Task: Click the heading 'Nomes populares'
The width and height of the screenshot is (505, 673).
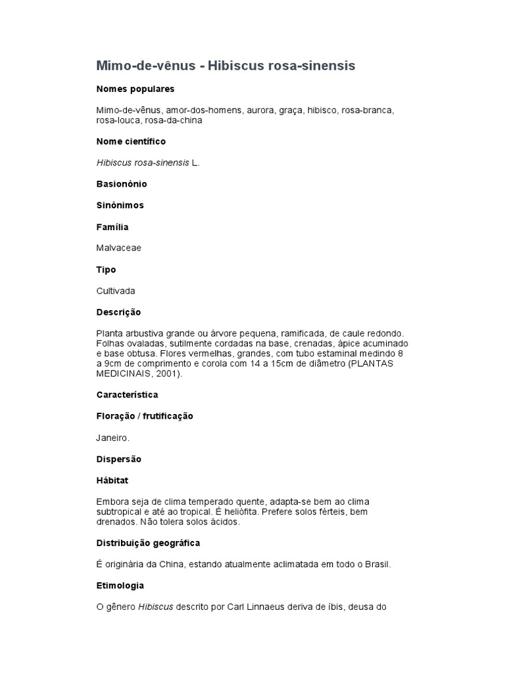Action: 135,89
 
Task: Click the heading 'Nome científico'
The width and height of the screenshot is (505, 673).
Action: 131,141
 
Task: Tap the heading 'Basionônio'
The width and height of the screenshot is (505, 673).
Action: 122,184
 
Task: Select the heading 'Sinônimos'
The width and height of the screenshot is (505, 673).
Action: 120,205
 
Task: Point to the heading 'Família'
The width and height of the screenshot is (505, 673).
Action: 112,227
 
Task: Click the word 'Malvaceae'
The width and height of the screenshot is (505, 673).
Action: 119,248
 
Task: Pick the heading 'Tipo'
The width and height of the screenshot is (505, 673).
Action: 106,269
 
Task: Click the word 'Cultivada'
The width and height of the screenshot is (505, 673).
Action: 116,290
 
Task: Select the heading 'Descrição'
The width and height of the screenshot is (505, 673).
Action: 118,312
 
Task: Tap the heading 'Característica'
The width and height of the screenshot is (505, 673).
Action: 127,395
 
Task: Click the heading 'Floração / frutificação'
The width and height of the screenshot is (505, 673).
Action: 145,416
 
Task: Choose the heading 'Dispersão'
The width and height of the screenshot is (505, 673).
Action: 119,459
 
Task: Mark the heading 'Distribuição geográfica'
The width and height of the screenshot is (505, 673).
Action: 148,543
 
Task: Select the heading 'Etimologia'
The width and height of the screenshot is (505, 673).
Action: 120,585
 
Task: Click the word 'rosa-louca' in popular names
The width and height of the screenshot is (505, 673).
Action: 118,120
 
